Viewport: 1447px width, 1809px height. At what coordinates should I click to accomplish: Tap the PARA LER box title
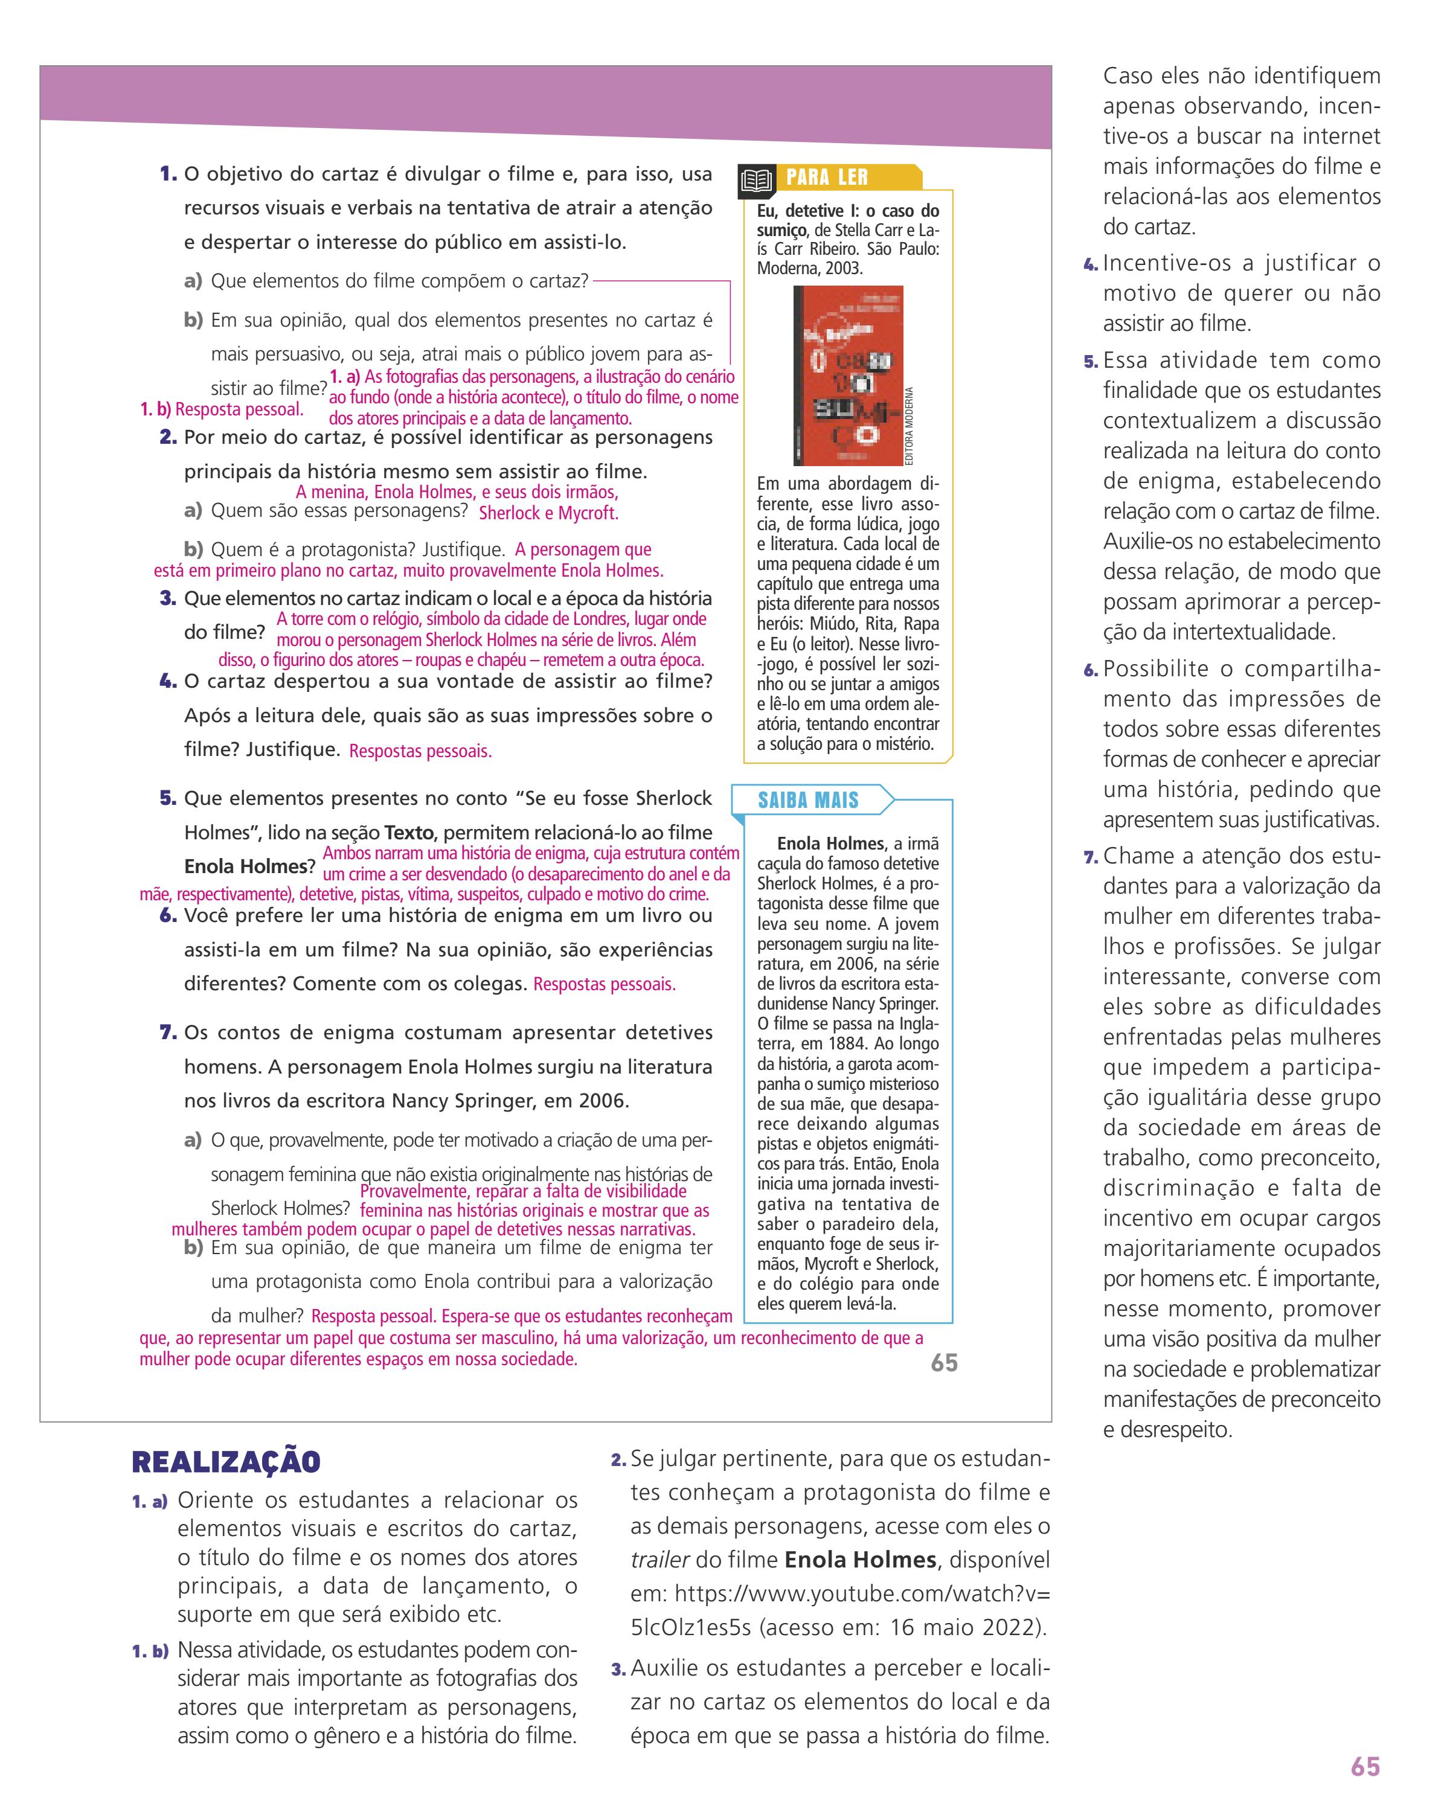pyautogui.click(x=826, y=178)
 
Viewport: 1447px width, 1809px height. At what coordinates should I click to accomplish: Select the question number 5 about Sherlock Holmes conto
pyautogui.click(x=168, y=798)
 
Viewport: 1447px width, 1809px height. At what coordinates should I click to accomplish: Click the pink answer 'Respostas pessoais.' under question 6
pyautogui.click(x=605, y=984)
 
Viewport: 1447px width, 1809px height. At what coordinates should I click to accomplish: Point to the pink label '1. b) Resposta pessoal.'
pyautogui.click(x=222, y=409)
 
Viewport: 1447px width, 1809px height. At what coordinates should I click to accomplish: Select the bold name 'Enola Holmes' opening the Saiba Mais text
pyautogui.click(x=830, y=844)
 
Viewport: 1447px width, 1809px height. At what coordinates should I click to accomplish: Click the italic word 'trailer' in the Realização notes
pyautogui.click(x=659, y=1560)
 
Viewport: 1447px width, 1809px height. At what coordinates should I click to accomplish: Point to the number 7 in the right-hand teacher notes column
pyautogui.click(x=1090, y=857)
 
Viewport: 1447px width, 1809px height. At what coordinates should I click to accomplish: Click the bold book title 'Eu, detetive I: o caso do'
pyautogui.click(x=848, y=211)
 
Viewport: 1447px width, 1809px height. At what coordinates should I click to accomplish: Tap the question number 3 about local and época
pyautogui.click(x=168, y=598)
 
